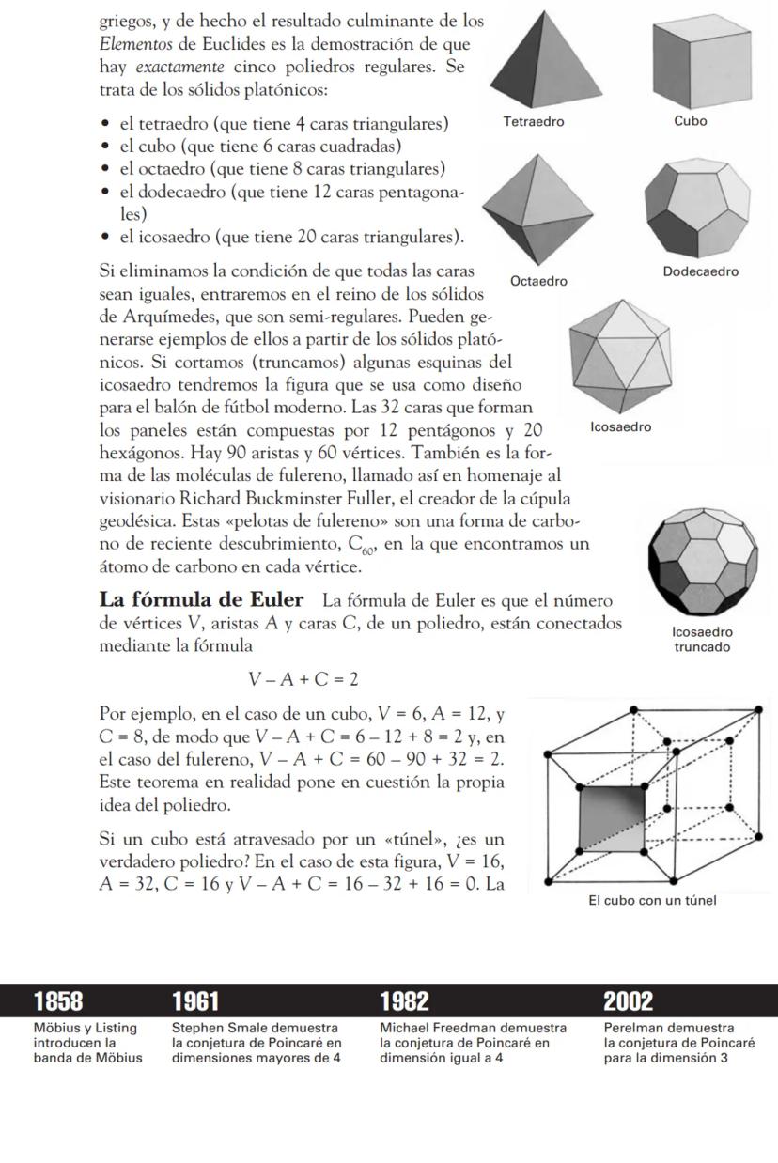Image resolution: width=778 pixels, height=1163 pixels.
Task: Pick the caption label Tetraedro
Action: click(534, 121)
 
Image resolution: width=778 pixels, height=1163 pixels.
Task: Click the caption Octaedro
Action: click(538, 281)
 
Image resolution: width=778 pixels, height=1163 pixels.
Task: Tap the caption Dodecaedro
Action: click(700, 271)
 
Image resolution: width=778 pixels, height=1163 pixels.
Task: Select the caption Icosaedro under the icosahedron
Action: click(620, 426)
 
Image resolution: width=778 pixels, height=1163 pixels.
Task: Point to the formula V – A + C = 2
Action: click(303, 679)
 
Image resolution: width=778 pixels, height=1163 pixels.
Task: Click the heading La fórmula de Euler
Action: click(201, 600)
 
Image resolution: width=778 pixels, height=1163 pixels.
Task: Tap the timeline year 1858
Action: click(57, 1001)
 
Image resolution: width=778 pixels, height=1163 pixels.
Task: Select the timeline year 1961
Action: click(196, 1001)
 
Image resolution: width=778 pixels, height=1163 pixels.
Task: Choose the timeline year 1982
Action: click(404, 1001)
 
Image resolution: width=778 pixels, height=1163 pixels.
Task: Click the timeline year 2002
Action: click(629, 1001)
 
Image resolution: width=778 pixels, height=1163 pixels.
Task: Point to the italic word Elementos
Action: click(134, 43)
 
